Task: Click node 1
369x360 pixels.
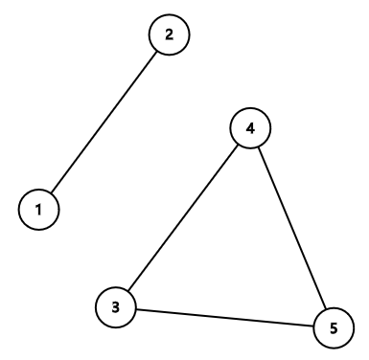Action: pyautogui.click(x=39, y=208)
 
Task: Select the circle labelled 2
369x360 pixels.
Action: pyautogui.click(x=170, y=35)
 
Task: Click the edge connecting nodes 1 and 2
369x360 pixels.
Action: pyautogui.click(x=104, y=122)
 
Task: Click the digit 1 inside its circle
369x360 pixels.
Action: pyautogui.click(x=39, y=208)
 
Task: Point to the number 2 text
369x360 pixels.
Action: pyautogui.click(x=170, y=35)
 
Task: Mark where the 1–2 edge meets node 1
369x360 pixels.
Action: pyautogui.click(x=52, y=191)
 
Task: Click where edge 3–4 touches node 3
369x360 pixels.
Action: pyautogui.click(x=128, y=290)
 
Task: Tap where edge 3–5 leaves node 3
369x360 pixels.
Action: pyautogui.click(x=136, y=309)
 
